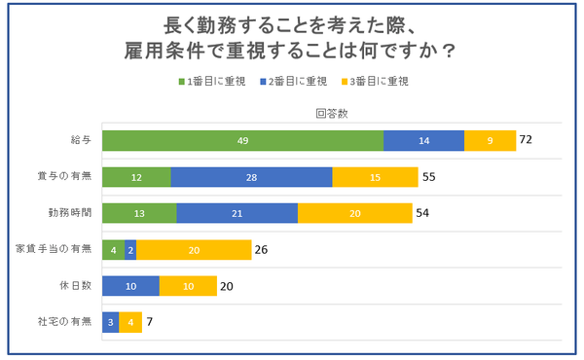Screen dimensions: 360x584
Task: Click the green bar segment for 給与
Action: coord(242,140)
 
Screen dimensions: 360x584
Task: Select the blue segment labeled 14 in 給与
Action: coord(423,140)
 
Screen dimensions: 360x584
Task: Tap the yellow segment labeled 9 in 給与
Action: coord(490,140)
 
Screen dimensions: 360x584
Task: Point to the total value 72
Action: coord(527,140)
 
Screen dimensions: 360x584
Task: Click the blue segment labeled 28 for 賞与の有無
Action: coord(251,177)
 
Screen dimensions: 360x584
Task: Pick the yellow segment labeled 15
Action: coord(375,177)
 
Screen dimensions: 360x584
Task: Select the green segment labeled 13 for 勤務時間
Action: coord(139,213)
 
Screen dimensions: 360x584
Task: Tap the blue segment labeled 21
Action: coord(237,213)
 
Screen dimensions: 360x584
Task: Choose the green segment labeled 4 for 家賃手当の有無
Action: coord(113,250)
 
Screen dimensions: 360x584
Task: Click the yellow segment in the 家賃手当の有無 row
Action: coord(194,250)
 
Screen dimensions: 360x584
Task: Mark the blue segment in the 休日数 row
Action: coord(130,286)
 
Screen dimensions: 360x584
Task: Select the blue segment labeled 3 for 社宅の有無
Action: coord(110,322)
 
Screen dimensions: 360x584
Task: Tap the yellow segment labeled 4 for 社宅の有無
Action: coord(130,322)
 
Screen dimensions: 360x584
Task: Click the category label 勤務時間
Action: coord(70,213)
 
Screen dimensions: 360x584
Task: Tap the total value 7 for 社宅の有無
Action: coord(150,322)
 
